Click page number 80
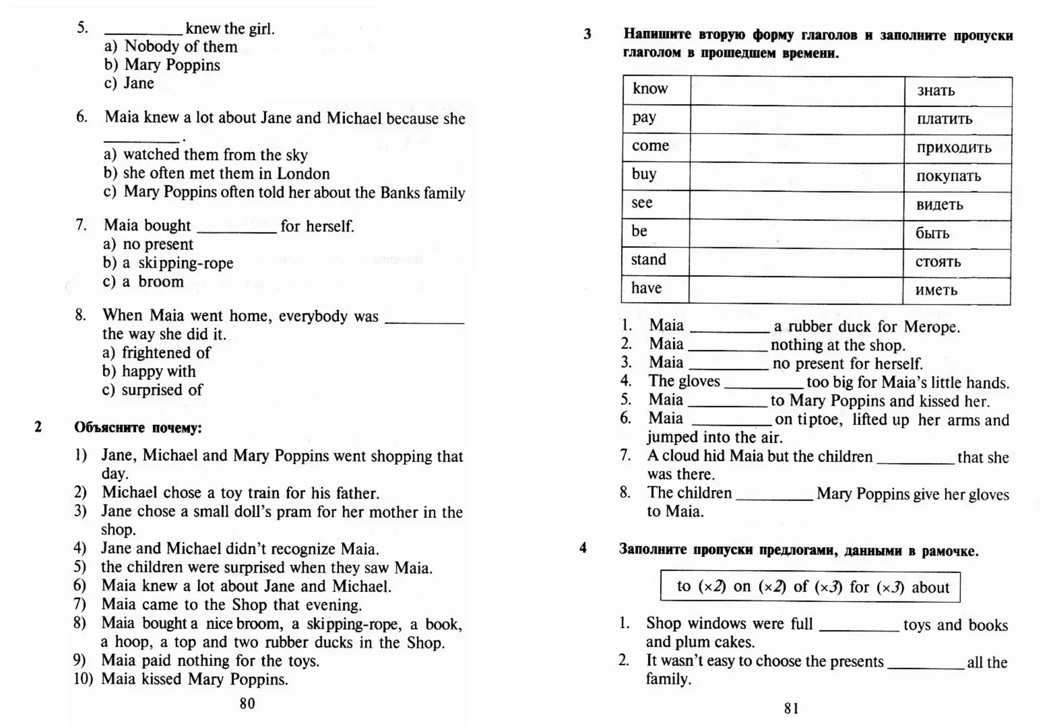pyautogui.click(x=247, y=703)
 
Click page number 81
pyautogui.click(x=791, y=709)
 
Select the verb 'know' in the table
pyautogui.click(x=650, y=89)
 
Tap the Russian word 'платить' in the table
pyautogui.click(x=944, y=119)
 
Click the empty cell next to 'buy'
pyautogui.click(x=796, y=177)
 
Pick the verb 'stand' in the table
pyautogui.click(x=648, y=259)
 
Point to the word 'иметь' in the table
pyautogui.click(x=936, y=290)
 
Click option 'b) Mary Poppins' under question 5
pyautogui.click(x=162, y=65)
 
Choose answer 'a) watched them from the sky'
pyautogui.click(x=206, y=155)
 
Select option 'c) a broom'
pyautogui.click(x=143, y=281)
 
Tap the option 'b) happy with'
pyautogui.click(x=149, y=371)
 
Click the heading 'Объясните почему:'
pyautogui.click(x=138, y=427)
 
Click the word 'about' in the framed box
pyautogui.click(x=930, y=587)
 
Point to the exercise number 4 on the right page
pyautogui.click(x=583, y=548)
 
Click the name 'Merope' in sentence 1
pyautogui.click(x=931, y=327)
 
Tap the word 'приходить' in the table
pyautogui.click(x=953, y=148)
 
